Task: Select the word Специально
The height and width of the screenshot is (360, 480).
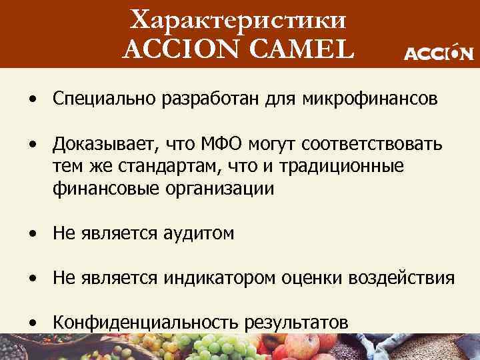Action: point(99,100)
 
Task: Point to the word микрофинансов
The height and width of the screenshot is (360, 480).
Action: point(371,100)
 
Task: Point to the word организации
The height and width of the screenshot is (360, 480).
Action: point(217,189)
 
